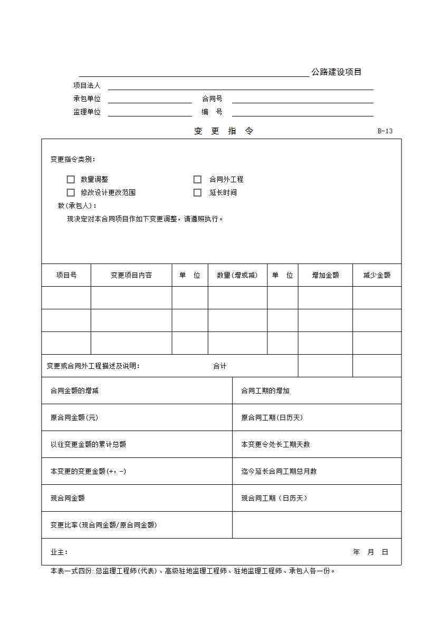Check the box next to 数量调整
(x=71, y=179)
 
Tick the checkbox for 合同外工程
(x=197, y=179)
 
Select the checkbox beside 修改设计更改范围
(x=71, y=192)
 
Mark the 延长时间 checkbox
(x=197, y=192)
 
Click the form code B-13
(x=385, y=131)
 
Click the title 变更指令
(x=224, y=131)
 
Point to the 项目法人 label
(x=87, y=85)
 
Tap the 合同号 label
(x=212, y=99)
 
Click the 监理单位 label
(x=87, y=112)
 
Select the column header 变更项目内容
(x=131, y=275)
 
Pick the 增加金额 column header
(x=325, y=275)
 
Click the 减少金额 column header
(x=377, y=275)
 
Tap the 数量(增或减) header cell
(x=237, y=275)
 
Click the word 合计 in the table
(x=220, y=366)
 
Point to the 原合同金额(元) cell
(x=74, y=417)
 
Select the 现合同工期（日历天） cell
(x=274, y=498)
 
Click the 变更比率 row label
(x=103, y=525)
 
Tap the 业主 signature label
(x=59, y=552)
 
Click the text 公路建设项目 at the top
(x=337, y=72)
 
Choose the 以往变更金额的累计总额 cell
(x=88, y=444)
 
